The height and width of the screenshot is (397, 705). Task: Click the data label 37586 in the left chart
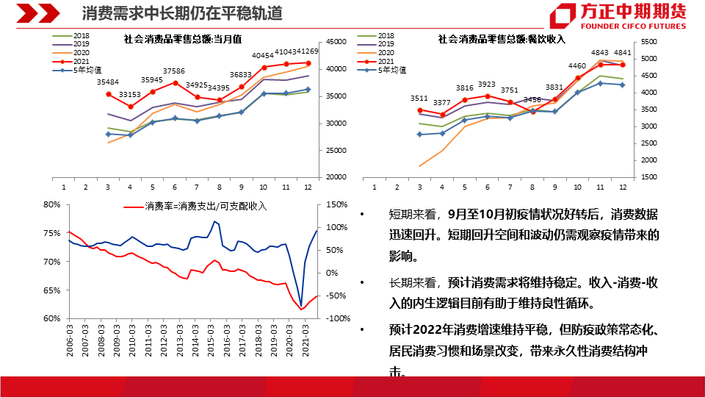point(174,71)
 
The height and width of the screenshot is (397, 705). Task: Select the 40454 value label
point(263,55)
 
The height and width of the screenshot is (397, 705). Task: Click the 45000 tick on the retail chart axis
point(337,42)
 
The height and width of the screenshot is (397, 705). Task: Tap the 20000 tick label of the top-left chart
point(337,177)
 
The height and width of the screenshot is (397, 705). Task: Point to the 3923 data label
point(487,85)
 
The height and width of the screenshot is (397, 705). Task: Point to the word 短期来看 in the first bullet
point(413,215)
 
